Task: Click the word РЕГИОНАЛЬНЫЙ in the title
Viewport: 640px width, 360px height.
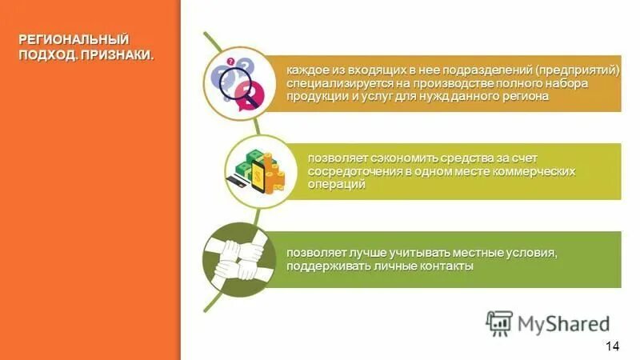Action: (74, 40)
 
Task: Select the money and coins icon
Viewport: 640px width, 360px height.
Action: (254, 169)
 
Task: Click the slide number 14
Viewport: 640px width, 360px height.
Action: (613, 345)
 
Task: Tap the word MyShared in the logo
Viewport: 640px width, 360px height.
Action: (563, 323)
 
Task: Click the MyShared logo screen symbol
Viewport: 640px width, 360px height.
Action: (500, 322)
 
